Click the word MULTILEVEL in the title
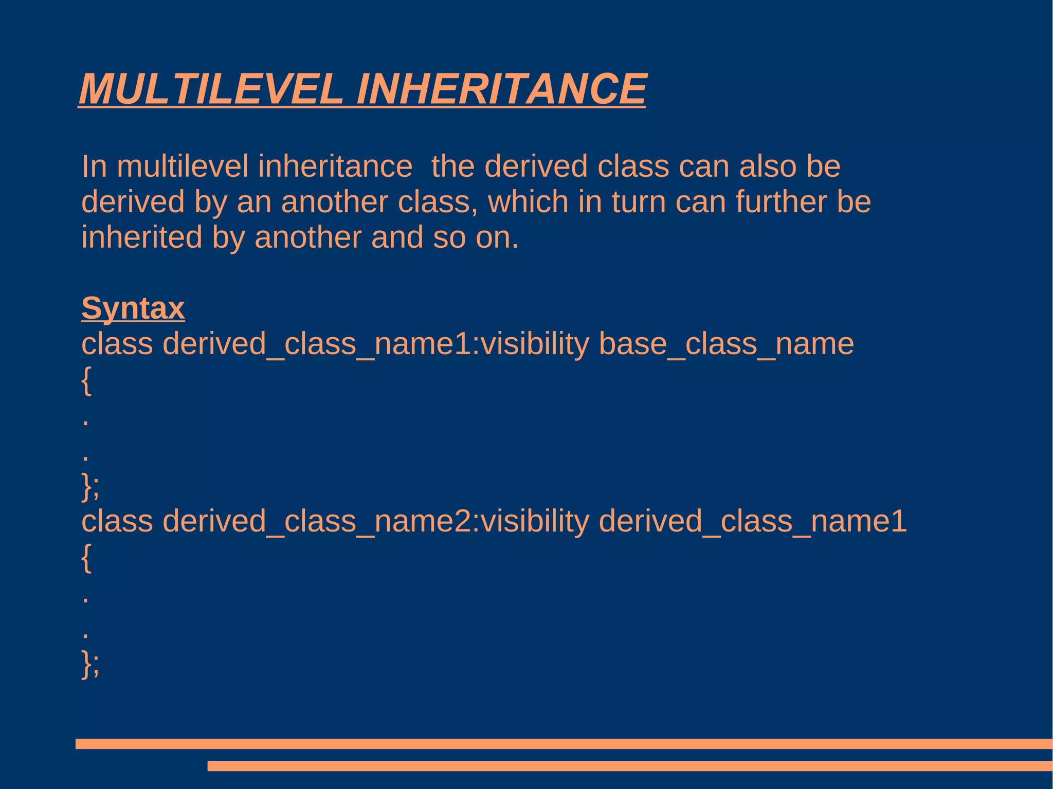click(211, 89)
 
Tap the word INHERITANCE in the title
click(501, 89)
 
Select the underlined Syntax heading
click(133, 308)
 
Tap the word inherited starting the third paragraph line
click(141, 237)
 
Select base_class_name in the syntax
click(726, 344)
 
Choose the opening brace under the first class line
click(86, 380)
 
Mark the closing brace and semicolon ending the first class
click(90, 486)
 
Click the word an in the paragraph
click(253, 201)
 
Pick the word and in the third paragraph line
click(396, 237)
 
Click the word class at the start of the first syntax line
click(117, 344)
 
